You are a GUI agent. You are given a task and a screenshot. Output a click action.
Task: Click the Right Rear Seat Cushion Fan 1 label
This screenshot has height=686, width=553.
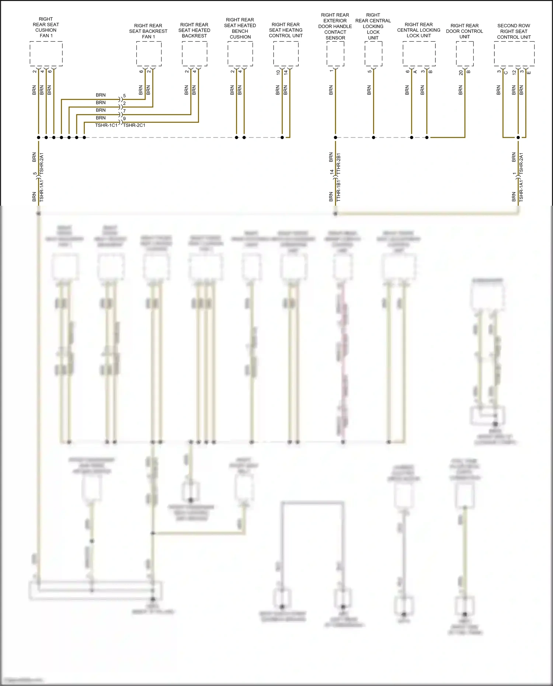(46, 27)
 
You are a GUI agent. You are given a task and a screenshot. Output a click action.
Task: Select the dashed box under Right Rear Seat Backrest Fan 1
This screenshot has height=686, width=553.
(149, 53)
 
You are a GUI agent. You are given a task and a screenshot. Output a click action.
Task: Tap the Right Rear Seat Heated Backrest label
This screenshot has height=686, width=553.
(194, 30)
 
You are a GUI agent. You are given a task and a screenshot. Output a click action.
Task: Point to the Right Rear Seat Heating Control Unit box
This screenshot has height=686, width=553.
(286, 53)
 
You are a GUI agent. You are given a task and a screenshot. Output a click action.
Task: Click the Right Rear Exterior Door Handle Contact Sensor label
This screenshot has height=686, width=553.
(335, 26)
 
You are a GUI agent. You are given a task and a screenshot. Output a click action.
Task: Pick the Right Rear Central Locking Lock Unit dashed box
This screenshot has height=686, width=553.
(419, 53)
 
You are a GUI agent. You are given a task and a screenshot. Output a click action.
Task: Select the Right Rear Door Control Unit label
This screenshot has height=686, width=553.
(465, 31)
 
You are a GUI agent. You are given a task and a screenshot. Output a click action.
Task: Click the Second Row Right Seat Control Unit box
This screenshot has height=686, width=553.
(514, 53)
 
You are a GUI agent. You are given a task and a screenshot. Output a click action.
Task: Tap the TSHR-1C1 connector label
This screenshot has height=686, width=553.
(106, 125)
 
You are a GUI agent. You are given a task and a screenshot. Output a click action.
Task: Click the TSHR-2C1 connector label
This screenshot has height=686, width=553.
(134, 125)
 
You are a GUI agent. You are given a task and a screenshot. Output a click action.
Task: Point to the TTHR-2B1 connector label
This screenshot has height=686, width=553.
(339, 164)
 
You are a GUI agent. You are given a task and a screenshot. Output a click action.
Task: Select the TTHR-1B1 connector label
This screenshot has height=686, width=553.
(339, 191)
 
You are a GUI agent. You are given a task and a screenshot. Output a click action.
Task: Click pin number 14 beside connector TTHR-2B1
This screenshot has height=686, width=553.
(332, 172)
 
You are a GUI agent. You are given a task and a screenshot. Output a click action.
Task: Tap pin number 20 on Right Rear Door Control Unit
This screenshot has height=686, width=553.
(461, 73)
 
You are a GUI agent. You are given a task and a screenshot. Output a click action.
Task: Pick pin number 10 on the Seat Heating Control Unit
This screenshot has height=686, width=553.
(278, 73)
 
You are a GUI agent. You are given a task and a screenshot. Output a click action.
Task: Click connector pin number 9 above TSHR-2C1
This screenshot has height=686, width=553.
(125, 118)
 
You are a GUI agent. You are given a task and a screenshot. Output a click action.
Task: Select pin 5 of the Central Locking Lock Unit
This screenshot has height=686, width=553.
(369, 71)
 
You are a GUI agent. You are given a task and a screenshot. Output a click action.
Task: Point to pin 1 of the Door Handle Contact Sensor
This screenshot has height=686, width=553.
(331, 70)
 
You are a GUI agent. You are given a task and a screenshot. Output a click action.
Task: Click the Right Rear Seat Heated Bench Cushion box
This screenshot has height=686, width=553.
(240, 53)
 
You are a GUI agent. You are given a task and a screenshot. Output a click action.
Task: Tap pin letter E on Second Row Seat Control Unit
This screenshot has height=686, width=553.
(529, 73)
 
